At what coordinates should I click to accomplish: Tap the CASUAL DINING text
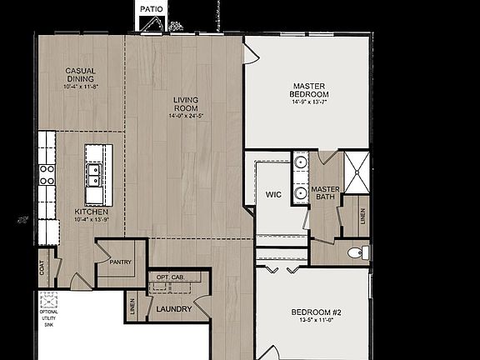[80, 75]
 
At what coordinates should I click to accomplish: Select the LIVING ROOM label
[185, 103]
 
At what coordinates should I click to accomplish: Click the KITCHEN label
[91, 212]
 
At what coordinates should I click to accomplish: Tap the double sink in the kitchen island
[94, 174]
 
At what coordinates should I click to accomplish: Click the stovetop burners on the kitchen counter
[47, 173]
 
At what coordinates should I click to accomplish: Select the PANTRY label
[121, 262]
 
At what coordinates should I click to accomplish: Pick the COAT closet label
[42, 267]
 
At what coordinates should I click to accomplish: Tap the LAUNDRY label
[174, 309]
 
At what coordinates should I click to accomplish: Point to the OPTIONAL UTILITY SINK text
[49, 319]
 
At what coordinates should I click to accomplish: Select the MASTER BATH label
[325, 193]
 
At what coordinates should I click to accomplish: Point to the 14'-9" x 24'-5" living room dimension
[185, 116]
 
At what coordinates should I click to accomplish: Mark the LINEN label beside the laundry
[132, 308]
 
